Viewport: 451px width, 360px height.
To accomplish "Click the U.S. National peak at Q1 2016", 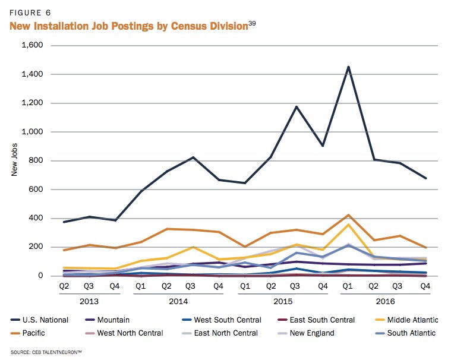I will click(x=348, y=67).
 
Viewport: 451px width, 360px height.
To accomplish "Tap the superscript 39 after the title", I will click(x=251, y=23).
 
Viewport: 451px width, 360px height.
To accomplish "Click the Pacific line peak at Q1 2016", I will click(x=348, y=215).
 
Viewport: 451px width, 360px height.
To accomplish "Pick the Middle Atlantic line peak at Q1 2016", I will click(x=348, y=225).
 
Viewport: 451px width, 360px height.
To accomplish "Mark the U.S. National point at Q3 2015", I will click(x=296, y=107).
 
